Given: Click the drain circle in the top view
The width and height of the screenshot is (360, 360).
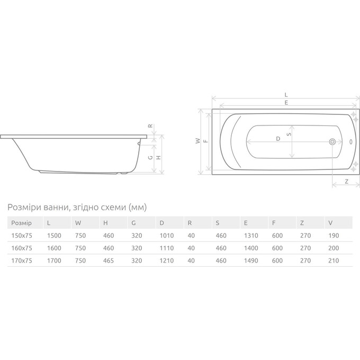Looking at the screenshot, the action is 332,142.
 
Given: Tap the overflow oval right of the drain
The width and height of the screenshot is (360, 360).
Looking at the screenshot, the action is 351,142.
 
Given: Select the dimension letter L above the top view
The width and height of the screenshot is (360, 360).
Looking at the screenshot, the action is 286,95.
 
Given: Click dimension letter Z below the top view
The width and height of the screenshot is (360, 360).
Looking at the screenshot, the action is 347,182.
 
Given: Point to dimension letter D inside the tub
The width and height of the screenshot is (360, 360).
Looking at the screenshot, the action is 278,139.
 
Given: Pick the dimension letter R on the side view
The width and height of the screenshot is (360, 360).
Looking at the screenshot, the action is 150,126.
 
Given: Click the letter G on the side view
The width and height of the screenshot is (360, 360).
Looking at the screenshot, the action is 150,158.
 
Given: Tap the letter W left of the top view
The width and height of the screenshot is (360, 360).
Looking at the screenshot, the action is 198,141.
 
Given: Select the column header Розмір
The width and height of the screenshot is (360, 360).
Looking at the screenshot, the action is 22,223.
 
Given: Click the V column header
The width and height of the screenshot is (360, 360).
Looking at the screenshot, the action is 330,223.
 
